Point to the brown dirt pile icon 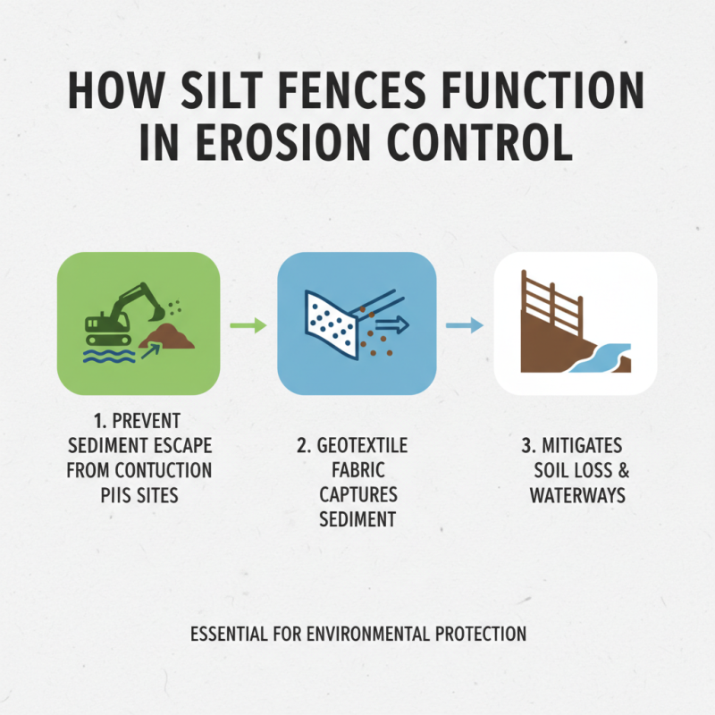pos(172,337)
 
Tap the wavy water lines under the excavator pos(105,357)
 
